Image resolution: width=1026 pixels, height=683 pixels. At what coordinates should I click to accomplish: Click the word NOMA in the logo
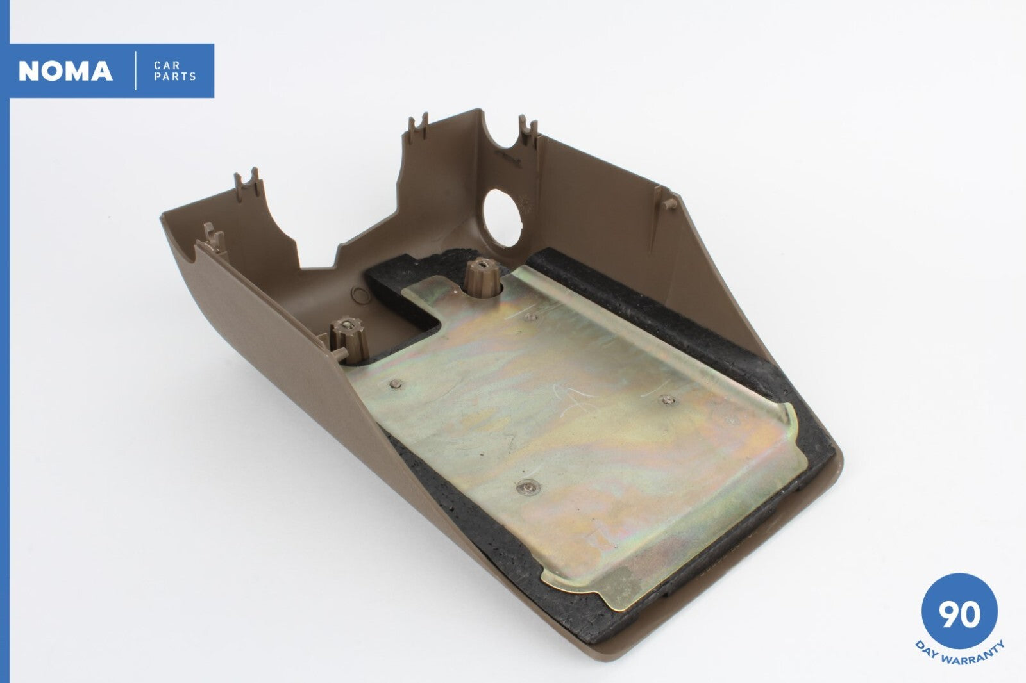(x=65, y=71)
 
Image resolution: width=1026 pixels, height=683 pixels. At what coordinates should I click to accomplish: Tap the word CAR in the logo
(x=167, y=65)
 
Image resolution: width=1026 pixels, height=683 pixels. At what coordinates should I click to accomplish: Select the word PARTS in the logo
(x=175, y=76)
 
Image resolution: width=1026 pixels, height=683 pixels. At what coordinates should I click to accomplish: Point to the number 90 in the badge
(x=959, y=615)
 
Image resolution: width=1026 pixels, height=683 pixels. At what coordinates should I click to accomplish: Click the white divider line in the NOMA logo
(x=135, y=71)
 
